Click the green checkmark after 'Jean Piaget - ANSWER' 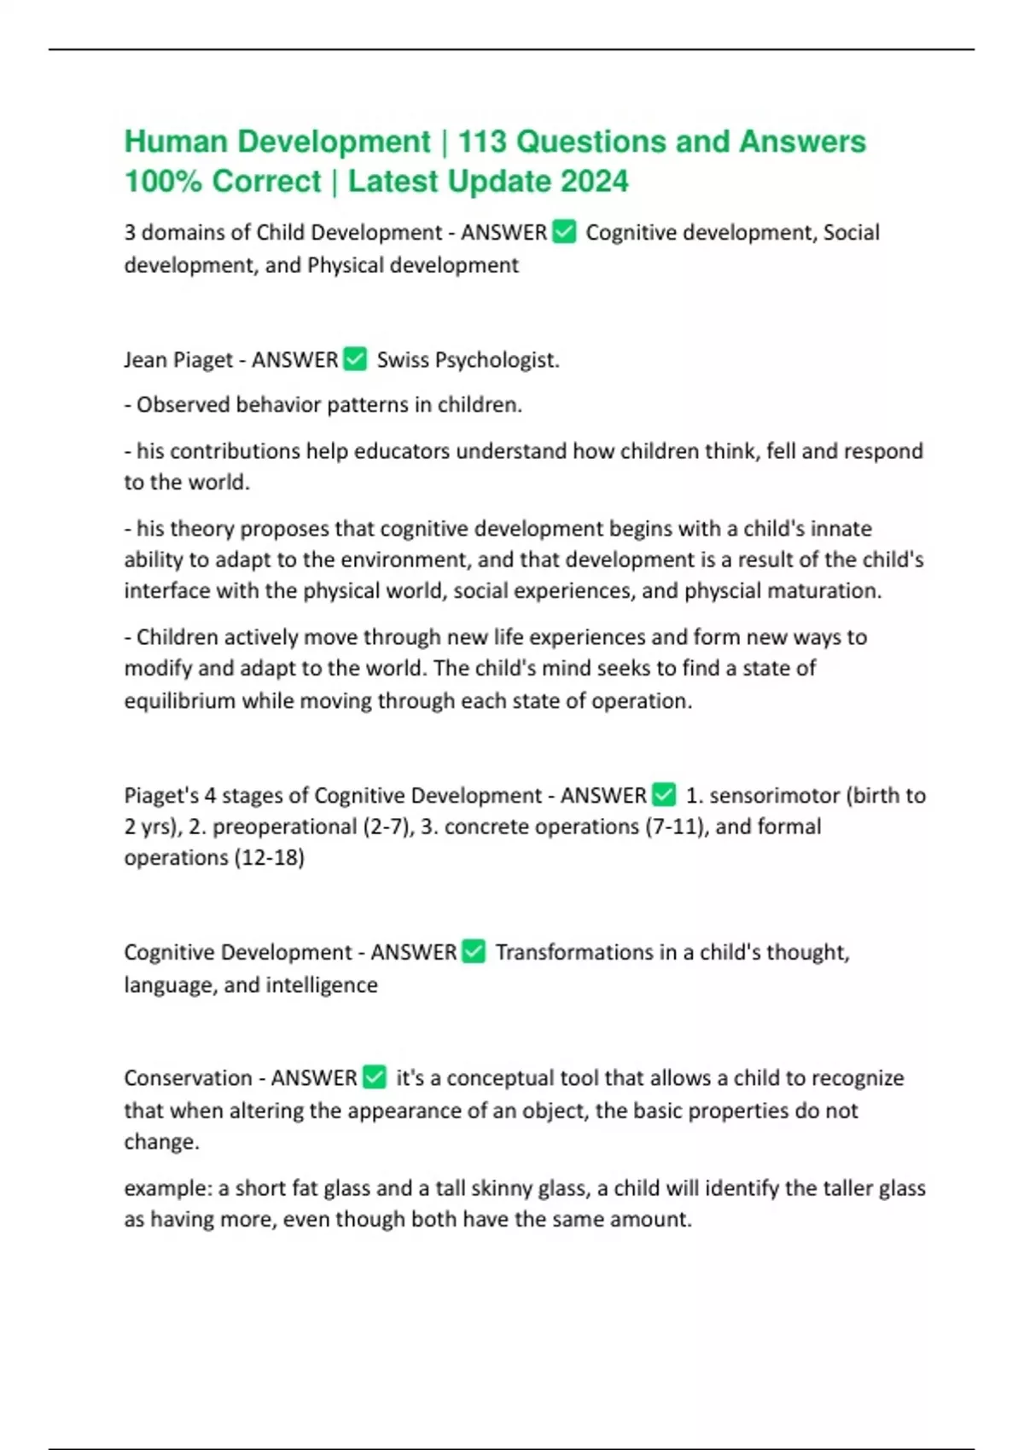coord(355,359)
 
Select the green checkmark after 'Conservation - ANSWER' coord(375,1077)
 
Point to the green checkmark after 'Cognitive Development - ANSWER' coord(474,952)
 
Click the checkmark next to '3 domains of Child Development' coord(565,232)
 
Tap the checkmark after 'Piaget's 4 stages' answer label coord(664,795)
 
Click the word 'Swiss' coord(403,360)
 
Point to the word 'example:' coord(167,1188)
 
